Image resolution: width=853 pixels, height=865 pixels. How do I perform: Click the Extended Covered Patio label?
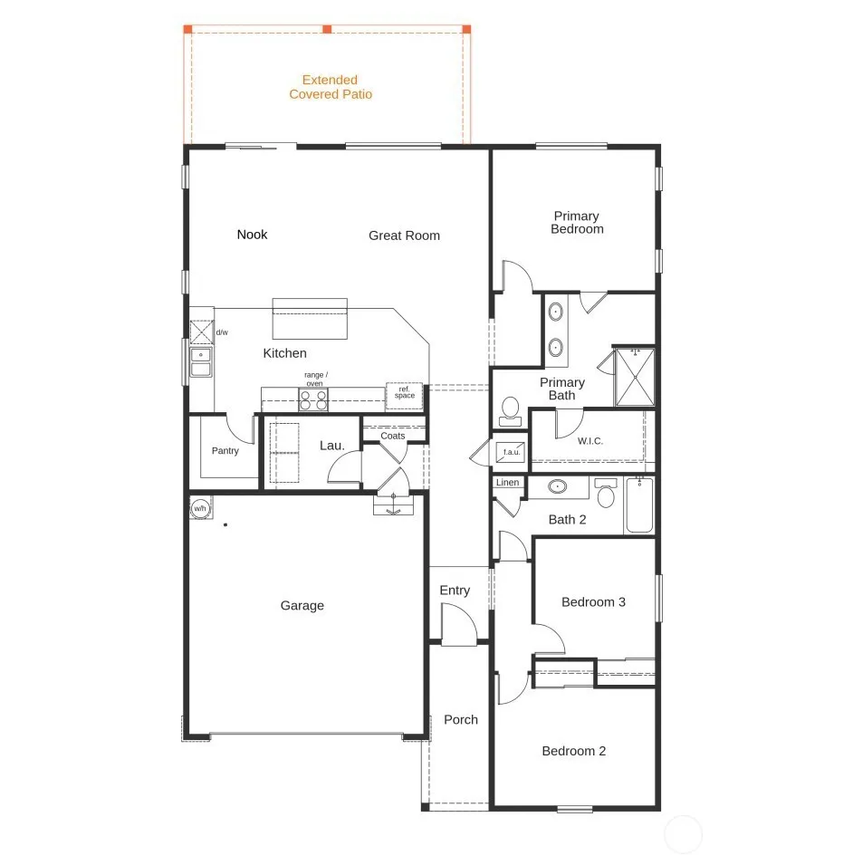pyautogui.click(x=331, y=87)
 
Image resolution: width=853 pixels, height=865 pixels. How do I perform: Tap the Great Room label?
pyautogui.click(x=404, y=235)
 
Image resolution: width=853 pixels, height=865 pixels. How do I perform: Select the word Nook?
pyautogui.click(x=252, y=235)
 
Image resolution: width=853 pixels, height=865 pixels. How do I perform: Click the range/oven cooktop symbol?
pyautogui.click(x=313, y=399)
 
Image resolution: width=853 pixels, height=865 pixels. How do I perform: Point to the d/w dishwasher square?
pyautogui.click(x=202, y=332)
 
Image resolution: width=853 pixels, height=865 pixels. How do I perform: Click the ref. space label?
pyautogui.click(x=405, y=392)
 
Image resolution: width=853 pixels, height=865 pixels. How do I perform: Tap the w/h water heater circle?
pyautogui.click(x=200, y=508)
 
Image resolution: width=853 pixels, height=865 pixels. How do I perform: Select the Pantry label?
pyautogui.click(x=225, y=451)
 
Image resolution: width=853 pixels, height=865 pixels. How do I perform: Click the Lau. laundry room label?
pyautogui.click(x=332, y=446)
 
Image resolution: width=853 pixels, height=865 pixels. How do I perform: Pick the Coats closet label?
pyautogui.click(x=393, y=436)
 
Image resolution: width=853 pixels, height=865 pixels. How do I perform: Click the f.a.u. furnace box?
pyautogui.click(x=511, y=452)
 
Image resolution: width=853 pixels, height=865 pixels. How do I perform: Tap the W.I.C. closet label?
pyautogui.click(x=590, y=441)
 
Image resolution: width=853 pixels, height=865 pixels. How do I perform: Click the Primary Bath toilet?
pyautogui.click(x=511, y=411)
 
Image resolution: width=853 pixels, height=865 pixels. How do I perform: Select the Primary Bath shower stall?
pyautogui.click(x=635, y=377)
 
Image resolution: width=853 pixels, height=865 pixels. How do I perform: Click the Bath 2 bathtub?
pyautogui.click(x=639, y=505)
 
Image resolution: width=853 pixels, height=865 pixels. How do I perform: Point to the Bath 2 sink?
pyautogui.click(x=558, y=486)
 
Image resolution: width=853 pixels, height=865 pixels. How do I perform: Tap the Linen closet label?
pyautogui.click(x=507, y=483)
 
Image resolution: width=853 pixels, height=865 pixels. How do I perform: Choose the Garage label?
pyautogui.click(x=302, y=606)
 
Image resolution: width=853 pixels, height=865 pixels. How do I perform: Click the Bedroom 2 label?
pyautogui.click(x=574, y=751)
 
